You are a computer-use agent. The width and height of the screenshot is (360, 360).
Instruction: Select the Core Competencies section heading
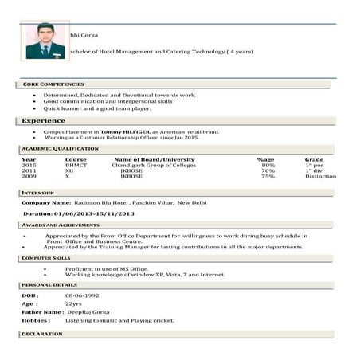tap(53, 84)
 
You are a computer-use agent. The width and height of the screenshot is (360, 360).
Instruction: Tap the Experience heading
tap(44, 120)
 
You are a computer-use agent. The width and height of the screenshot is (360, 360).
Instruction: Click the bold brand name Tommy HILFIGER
tap(123, 131)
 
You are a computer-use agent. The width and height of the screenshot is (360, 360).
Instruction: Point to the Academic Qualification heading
tap(60, 148)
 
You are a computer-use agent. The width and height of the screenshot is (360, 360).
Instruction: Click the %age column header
tap(266, 159)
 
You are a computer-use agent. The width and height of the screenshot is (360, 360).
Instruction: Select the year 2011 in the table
tap(29, 170)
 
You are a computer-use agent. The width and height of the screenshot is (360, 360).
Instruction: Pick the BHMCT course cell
tap(76, 165)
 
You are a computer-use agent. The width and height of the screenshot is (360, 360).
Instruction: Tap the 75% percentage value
tap(268, 176)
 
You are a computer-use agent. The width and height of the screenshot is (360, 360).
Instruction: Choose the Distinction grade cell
tap(320, 176)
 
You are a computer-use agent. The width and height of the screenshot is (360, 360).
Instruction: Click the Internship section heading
tap(38, 193)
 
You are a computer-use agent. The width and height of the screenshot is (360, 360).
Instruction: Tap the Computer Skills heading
tap(46, 258)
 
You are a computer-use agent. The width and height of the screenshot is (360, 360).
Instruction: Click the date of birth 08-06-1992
tap(80, 295)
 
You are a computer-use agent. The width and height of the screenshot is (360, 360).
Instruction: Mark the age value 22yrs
tap(73, 303)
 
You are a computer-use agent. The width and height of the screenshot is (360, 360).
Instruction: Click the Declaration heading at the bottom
tap(42, 334)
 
